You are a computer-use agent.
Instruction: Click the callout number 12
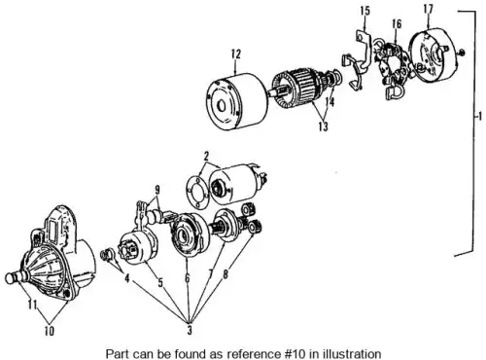(236, 54)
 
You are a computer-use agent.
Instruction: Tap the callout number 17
(428, 9)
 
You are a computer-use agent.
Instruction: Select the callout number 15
(364, 11)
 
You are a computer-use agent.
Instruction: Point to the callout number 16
(397, 23)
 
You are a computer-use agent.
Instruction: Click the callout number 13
(323, 126)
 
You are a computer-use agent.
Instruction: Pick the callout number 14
(330, 101)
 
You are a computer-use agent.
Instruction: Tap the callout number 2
(206, 157)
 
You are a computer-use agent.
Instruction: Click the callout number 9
(157, 189)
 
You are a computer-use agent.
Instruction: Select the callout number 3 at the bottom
(190, 330)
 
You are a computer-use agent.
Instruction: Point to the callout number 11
(32, 306)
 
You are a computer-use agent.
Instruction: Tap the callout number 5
(160, 282)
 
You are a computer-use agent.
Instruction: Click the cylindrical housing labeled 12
(237, 101)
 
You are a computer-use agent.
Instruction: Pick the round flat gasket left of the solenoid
(197, 192)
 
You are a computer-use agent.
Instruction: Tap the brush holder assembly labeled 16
(394, 68)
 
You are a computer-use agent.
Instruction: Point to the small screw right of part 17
(463, 52)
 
